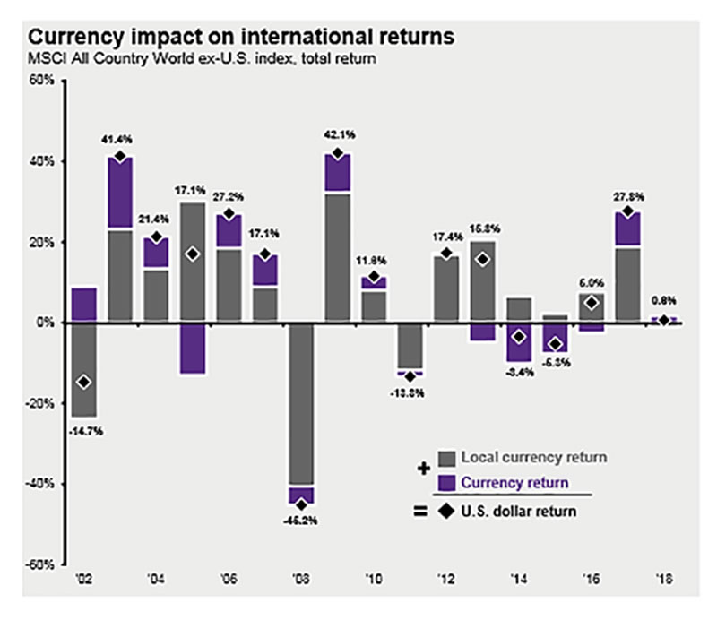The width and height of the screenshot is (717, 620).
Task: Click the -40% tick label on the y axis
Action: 41,484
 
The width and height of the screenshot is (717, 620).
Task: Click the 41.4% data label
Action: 119,140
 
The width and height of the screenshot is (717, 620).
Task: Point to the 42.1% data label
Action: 338,135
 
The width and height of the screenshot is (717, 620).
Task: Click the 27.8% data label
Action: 629,195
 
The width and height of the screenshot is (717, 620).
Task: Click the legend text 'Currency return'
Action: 514,483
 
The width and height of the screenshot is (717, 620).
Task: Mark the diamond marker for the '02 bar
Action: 83,383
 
